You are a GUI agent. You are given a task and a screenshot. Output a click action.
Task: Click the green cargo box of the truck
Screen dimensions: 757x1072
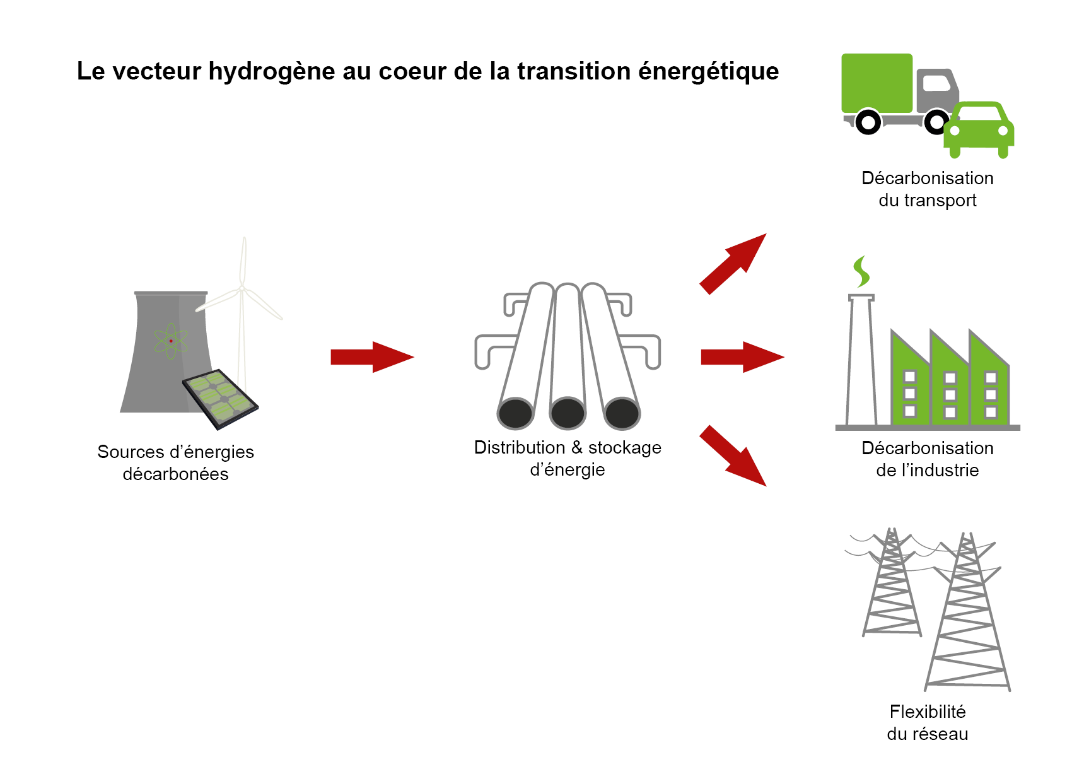tap(877, 83)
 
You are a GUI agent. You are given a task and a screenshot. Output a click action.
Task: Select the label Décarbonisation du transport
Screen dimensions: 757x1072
tap(927, 189)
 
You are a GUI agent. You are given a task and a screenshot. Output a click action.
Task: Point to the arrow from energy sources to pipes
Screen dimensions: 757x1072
tap(371, 357)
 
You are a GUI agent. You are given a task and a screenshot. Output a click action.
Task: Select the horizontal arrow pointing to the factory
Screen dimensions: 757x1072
tap(742, 357)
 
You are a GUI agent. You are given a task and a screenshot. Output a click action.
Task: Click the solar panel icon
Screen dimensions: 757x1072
tap(220, 399)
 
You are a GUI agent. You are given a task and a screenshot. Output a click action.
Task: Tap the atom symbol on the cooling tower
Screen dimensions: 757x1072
tap(171, 341)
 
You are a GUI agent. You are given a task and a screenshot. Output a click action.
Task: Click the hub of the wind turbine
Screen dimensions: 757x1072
tap(242, 289)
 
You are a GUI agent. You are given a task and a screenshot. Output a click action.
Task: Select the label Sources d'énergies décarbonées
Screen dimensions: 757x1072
tap(175, 462)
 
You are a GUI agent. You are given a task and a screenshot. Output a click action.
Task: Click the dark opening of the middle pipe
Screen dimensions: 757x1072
tap(568, 414)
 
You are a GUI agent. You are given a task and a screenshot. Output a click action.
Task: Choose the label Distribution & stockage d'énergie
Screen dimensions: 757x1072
tap(568, 458)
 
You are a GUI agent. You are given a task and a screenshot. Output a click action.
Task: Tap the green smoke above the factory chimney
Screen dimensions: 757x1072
tap(861, 271)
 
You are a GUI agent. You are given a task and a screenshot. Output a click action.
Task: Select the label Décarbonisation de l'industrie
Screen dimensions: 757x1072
tap(927, 459)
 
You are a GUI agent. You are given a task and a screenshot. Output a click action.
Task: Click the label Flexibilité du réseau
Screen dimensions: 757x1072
tap(927, 722)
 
